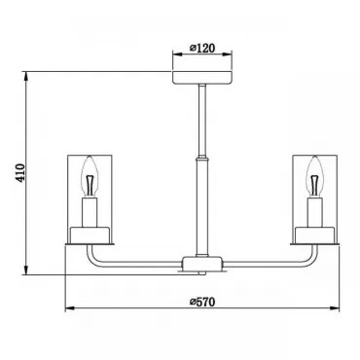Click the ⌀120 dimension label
point(202,49)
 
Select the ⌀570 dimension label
point(202,302)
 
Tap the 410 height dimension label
point(20,172)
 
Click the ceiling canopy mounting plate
point(202,78)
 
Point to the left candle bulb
point(90,176)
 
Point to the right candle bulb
point(315,176)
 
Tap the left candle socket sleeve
point(90,212)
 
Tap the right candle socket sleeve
point(315,212)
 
